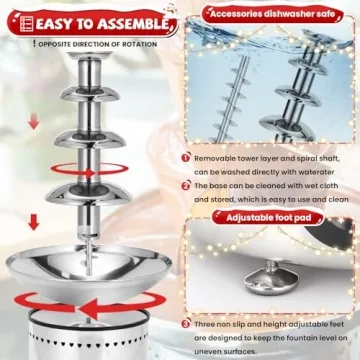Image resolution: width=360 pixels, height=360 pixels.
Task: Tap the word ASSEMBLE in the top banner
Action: pos(125,19)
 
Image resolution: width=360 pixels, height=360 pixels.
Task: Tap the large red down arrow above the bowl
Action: pos(31,221)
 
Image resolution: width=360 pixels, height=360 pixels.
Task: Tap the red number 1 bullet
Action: pos(186,157)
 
